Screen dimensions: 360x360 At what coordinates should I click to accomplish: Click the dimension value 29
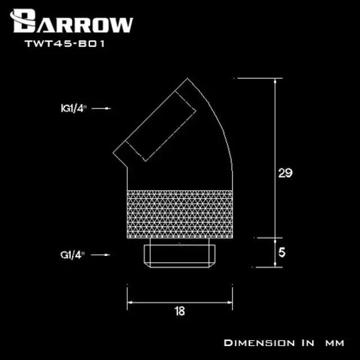coord(285,173)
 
